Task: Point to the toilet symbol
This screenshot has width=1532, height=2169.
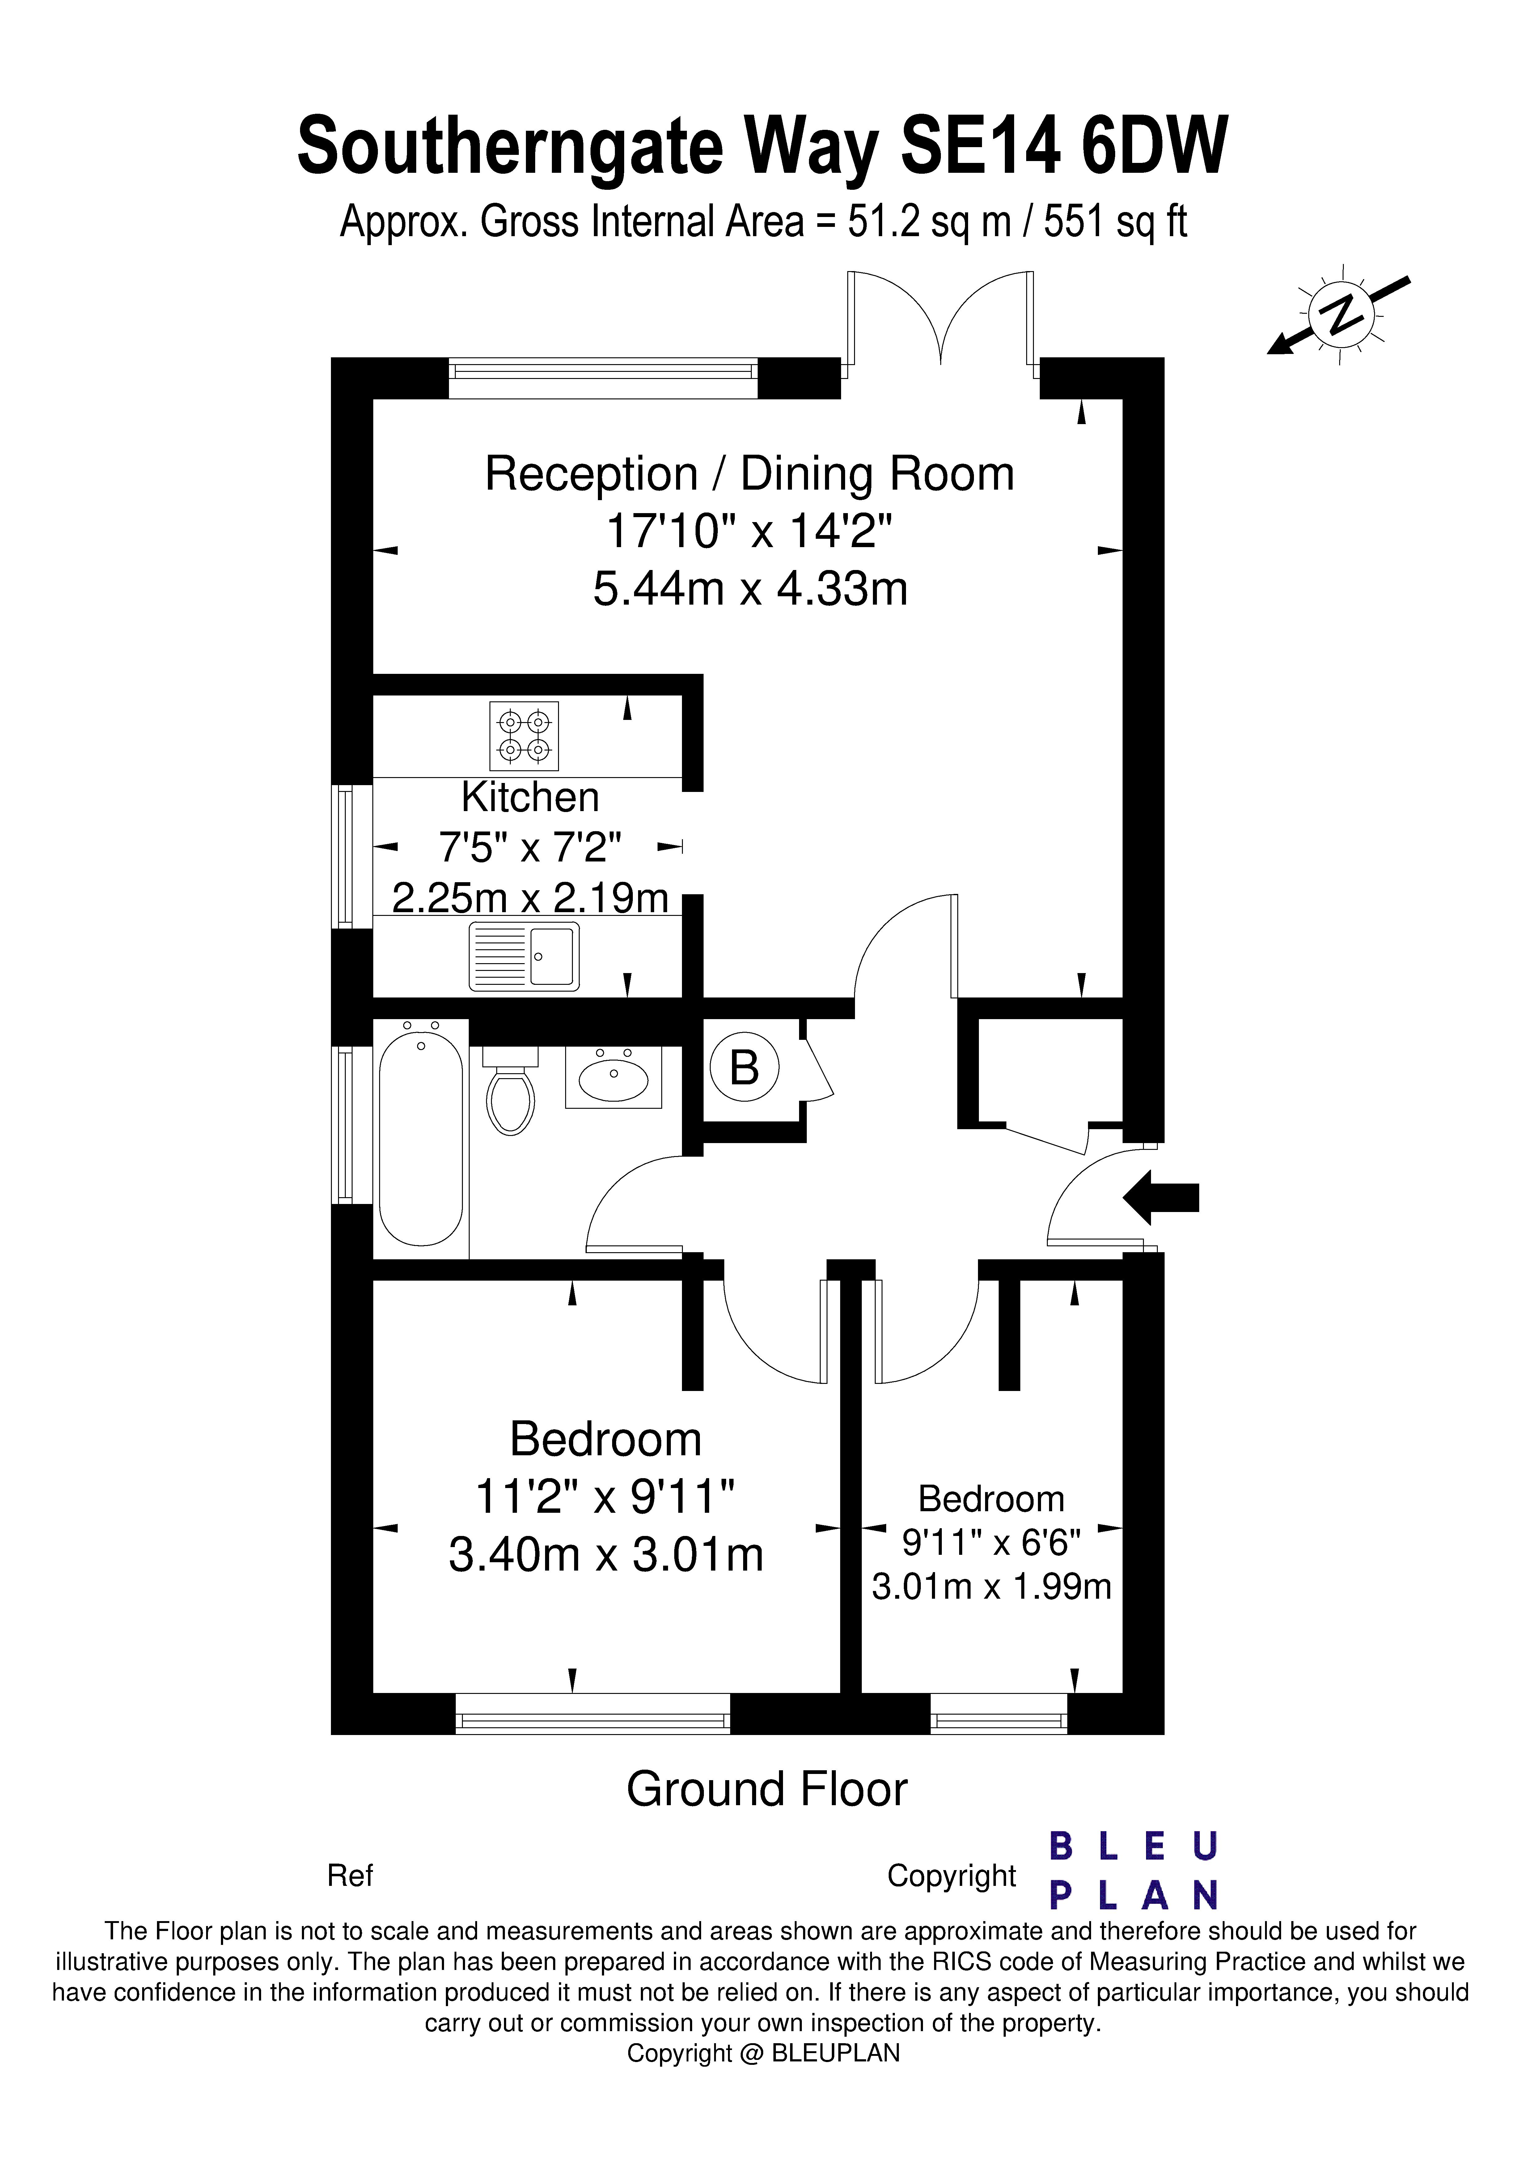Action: click(510, 1092)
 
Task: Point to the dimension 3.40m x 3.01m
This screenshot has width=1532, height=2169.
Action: click(605, 1554)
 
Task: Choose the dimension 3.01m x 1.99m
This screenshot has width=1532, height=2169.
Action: click(991, 1586)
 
